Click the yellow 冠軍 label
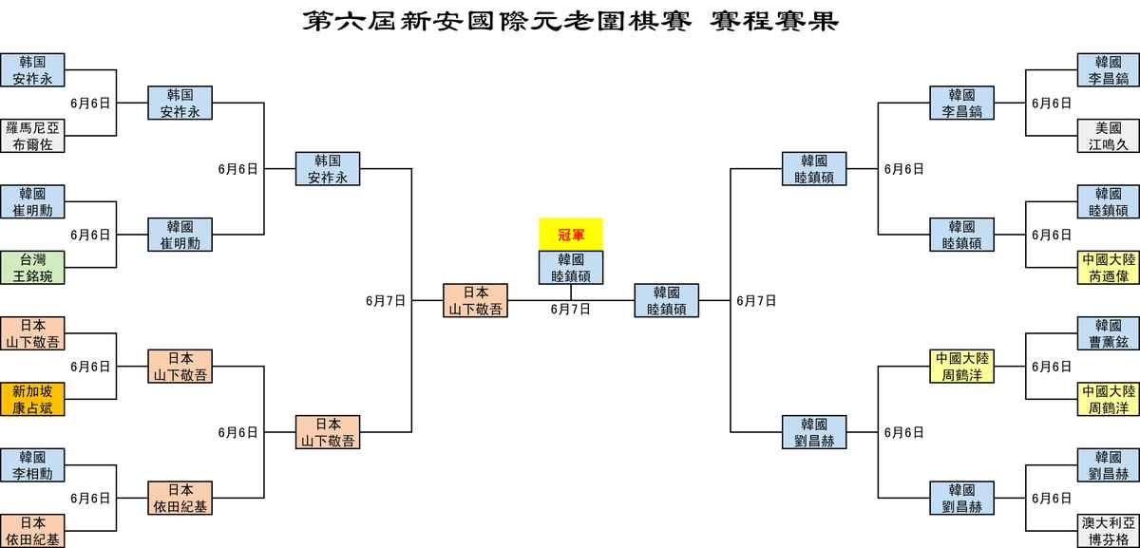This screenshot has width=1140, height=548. tap(571, 234)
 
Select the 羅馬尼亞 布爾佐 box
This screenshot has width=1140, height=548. tap(32, 136)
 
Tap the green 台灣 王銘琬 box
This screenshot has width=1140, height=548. tap(32, 267)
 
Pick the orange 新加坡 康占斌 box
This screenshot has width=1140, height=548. tap(32, 399)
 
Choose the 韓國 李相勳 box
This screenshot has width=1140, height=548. tap(32, 464)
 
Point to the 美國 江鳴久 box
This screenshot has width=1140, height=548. tap(1108, 136)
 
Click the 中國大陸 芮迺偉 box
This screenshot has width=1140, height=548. tap(1108, 267)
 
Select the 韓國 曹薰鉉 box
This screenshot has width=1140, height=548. tap(1108, 332)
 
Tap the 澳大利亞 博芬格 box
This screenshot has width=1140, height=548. tap(1108, 530)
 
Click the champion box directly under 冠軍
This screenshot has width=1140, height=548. tap(571, 268)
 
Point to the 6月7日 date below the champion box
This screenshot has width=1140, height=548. tap(570, 309)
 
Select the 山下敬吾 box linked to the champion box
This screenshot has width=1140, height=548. tap(475, 300)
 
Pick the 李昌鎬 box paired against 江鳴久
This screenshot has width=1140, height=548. tap(1108, 70)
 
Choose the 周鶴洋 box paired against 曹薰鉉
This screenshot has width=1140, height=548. tap(1108, 399)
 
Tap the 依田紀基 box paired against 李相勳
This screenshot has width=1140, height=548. tap(32, 530)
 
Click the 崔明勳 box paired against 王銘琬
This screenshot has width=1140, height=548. tap(32, 201)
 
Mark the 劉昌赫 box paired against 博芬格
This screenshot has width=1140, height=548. tap(1108, 464)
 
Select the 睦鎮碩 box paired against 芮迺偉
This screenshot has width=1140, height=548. tap(1108, 201)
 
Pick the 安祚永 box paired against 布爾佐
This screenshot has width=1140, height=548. tap(32, 70)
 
